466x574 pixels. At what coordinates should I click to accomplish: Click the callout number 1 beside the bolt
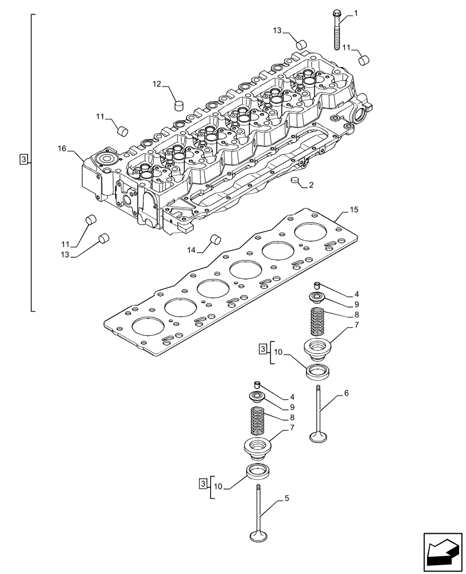pyautogui.click(x=356, y=13)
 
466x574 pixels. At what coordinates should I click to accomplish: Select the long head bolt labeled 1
pyautogui.click(x=336, y=31)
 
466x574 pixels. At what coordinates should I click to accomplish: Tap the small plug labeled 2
pyautogui.click(x=296, y=182)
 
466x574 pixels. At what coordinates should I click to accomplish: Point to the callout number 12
pyautogui.click(x=157, y=84)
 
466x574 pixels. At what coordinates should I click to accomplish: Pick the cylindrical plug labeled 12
pyautogui.click(x=178, y=105)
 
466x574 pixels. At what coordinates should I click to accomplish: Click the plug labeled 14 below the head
pyautogui.click(x=216, y=239)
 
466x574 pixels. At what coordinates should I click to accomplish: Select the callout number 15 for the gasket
pyautogui.click(x=354, y=210)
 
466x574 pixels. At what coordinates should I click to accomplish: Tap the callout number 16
pyautogui.click(x=62, y=149)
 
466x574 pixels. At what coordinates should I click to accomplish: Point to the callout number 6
pyautogui.click(x=346, y=393)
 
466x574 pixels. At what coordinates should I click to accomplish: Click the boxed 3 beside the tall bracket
pyautogui.click(x=23, y=159)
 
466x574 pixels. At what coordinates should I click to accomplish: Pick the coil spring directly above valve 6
pyautogui.click(x=318, y=321)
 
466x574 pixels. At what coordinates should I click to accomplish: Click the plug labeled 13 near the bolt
pyautogui.click(x=299, y=44)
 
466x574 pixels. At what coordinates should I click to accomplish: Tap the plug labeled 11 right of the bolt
pyautogui.click(x=363, y=59)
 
